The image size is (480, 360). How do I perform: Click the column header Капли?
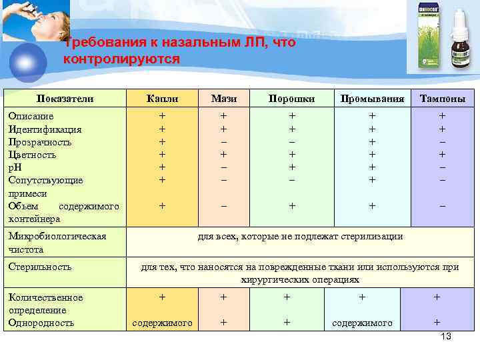pyautogui.click(x=162, y=99)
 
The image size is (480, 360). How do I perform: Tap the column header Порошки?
pyautogui.click(x=291, y=99)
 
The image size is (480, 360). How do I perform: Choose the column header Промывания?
pyautogui.click(x=372, y=99)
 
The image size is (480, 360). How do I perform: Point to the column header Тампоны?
pyautogui.click(x=442, y=99)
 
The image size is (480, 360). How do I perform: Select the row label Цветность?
pyautogui.click(x=32, y=155)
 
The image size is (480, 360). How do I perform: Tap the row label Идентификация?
pyautogui.click(x=45, y=129)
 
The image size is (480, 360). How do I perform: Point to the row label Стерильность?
pyautogui.click(x=41, y=267)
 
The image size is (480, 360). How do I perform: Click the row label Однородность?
pyautogui.click(x=41, y=323)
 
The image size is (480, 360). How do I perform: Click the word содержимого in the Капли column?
pyautogui.click(x=163, y=323)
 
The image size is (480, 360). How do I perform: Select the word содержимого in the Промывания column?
pyautogui.click(x=362, y=323)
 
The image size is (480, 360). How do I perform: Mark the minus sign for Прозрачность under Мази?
pyautogui.click(x=224, y=142)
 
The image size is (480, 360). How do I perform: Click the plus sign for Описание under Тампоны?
pyautogui.click(x=442, y=116)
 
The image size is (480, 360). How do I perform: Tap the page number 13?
pyautogui.click(x=446, y=337)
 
